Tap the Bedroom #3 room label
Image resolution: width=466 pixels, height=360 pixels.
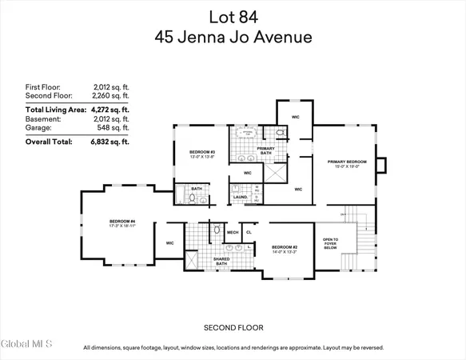click(201, 154)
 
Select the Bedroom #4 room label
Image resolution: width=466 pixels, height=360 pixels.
click(122, 223)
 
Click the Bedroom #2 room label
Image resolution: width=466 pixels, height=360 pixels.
click(284, 249)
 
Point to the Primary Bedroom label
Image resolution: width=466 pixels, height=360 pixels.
click(346, 162)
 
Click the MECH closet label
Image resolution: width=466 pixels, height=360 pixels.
click(233, 233)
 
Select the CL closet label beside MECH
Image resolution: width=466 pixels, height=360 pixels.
click(249, 233)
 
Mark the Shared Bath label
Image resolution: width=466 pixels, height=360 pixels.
click(220, 261)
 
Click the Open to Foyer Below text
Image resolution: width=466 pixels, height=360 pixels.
click(329, 244)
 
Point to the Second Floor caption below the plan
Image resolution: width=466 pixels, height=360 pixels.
click(233, 327)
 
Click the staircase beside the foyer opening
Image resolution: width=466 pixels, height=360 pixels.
click(357, 240)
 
